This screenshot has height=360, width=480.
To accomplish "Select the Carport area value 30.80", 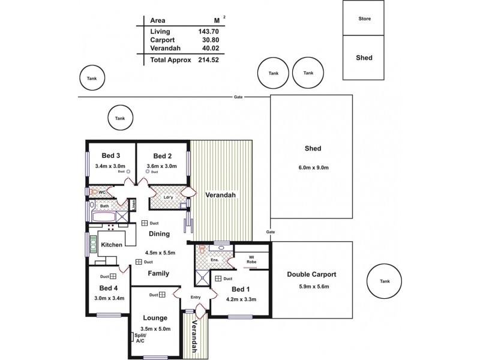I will (x=208, y=40).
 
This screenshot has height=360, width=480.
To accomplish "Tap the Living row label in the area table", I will (x=160, y=31).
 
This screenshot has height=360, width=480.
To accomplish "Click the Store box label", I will (x=365, y=19).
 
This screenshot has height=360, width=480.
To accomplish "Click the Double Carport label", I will (x=311, y=274).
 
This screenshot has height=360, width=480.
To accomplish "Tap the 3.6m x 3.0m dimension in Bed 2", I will (x=161, y=166).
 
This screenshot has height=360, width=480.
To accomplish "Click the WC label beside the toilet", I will (x=101, y=192).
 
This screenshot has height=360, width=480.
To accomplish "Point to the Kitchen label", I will (x=112, y=245).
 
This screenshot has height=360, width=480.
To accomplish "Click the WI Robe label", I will (x=253, y=260).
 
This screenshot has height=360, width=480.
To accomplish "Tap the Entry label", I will (x=196, y=297).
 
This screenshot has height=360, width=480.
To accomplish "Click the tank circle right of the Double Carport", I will (x=384, y=281).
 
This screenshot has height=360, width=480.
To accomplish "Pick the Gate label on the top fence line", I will (x=239, y=97).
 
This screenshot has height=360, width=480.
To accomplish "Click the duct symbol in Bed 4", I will (x=113, y=277).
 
